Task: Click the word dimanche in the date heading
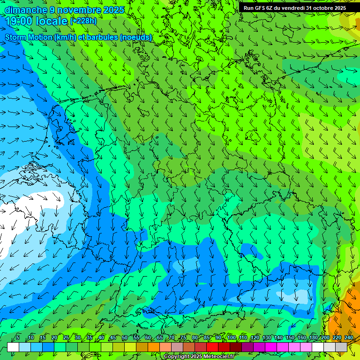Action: click(x=25, y=10)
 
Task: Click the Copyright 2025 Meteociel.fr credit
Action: click(x=199, y=357)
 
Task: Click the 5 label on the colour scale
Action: click(x=18, y=337)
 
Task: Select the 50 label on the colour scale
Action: click(x=124, y=337)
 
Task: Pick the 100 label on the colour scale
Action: click(x=231, y=337)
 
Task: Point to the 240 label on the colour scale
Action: click(x=348, y=337)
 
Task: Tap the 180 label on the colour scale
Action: click(x=313, y=337)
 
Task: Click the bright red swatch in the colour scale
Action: click(x=212, y=347)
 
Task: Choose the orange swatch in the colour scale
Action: click(x=154, y=347)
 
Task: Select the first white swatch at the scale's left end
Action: click(x=13, y=347)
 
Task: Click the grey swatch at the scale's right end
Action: click(x=341, y=347)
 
